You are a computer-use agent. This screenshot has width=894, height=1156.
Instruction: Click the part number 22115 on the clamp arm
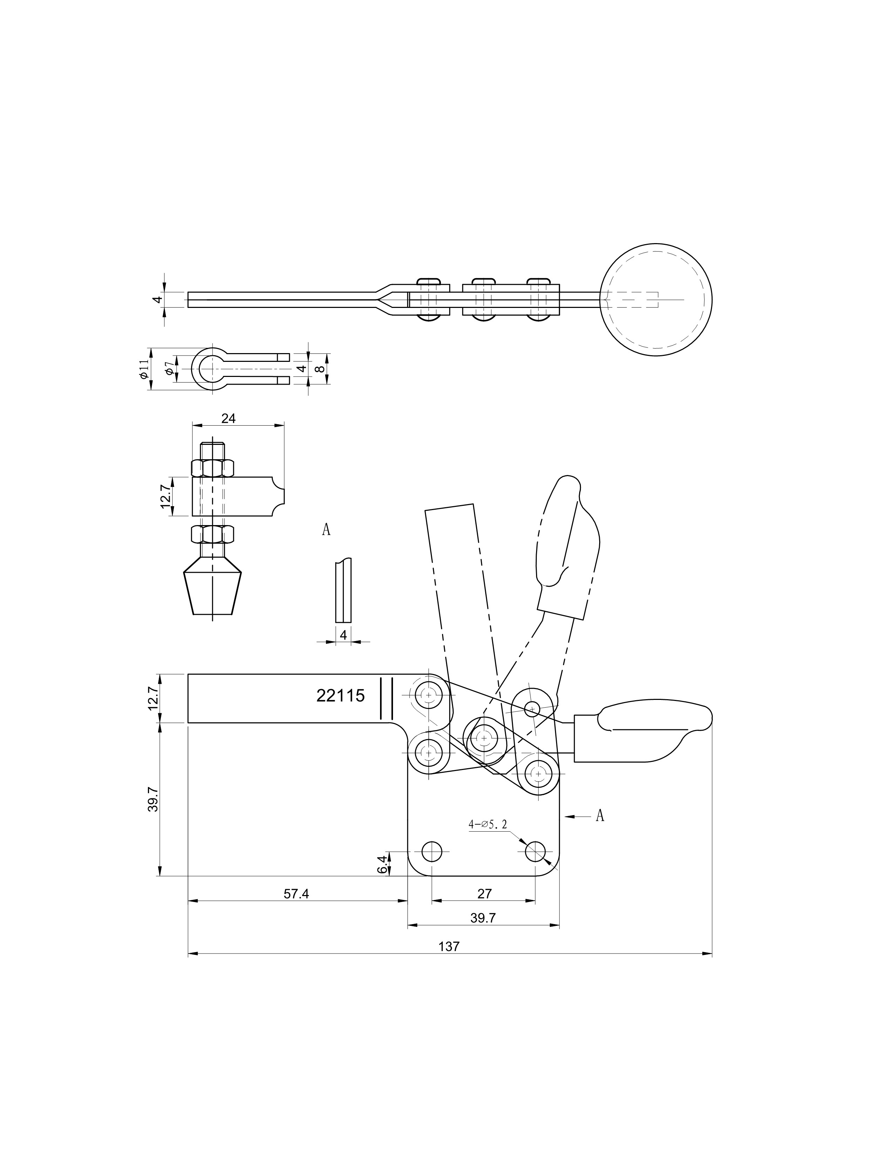340,695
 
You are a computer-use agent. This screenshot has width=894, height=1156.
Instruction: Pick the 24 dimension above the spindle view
228,418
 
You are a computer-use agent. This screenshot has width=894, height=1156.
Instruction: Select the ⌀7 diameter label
168,369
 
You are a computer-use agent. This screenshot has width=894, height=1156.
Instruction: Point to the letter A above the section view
326,529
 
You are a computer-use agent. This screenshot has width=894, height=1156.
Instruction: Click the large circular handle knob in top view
656,300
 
